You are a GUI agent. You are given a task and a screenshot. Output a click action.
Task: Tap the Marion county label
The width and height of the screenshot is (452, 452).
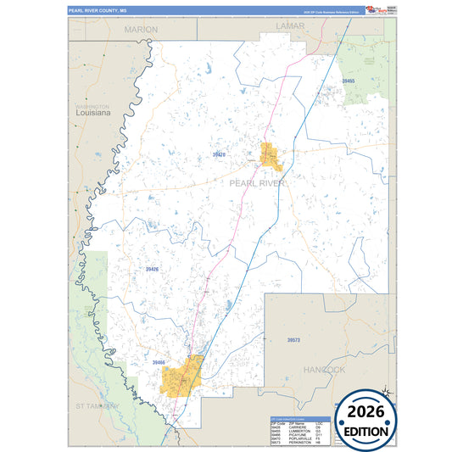(x=141, y=29)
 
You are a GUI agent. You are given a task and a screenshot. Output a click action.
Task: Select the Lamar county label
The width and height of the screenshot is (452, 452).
(x=290, y=27)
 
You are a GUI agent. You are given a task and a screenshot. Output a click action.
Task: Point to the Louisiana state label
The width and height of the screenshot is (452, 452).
(x=93, y=112)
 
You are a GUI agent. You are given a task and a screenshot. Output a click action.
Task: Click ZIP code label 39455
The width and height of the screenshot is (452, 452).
(x=349, y=81)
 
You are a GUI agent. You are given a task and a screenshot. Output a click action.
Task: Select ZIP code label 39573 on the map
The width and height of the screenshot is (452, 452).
(x=293, y=340)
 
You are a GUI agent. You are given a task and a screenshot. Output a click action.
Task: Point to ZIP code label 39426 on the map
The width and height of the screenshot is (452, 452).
(x=152, y=269)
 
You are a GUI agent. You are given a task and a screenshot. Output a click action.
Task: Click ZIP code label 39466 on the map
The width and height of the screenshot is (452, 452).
(x=159, y=363)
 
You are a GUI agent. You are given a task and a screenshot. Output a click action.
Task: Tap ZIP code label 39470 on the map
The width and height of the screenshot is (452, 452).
(x=219, y=155)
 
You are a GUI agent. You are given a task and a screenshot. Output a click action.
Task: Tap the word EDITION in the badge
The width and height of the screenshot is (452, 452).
(x=367, y=431)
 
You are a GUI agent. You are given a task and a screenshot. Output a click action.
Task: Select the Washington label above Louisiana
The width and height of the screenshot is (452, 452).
(x=87, y=105)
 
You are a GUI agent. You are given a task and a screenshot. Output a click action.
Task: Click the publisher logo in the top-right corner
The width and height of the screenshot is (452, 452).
(x=375, y=10)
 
